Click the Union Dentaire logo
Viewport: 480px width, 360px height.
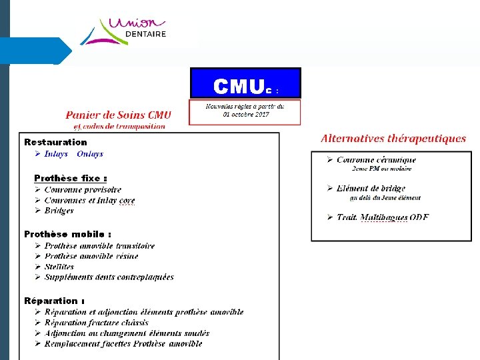click(x=124, y=31)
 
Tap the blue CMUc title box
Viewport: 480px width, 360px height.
click(x=245, y=83)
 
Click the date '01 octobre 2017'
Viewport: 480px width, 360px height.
click(x=246, y=115)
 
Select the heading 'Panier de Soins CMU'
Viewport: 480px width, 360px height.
click(x=119, y=115)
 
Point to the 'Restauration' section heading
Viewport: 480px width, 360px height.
click(x=55, y=142)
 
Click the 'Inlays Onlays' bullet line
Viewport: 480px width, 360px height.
click(x=73, y=154)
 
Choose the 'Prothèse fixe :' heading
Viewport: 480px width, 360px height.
click(x=71, y=178)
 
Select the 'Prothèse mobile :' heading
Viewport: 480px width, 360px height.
click(x=67, y=234)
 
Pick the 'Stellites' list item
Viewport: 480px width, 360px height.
click(x=59, y=267)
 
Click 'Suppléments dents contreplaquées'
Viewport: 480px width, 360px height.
click(x=109, y=277)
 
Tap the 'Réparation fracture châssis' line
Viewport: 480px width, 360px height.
click(x=96, y=323)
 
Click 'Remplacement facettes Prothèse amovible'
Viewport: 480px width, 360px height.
click(x=123, y=344)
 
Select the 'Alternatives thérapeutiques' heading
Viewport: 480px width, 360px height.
click(x=393, y=139)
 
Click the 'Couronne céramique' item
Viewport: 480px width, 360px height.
click(x=376, y=160)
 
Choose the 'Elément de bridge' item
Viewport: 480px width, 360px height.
click(x=371, y=189)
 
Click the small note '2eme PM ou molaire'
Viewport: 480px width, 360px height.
click(x=382, y=169)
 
